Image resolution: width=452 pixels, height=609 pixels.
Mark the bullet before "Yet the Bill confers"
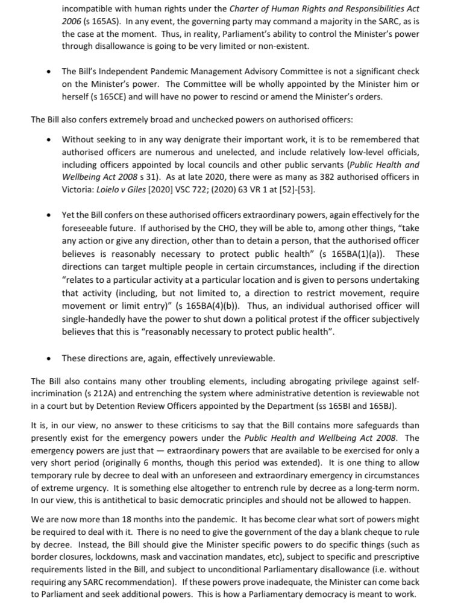tap(49, 215)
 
